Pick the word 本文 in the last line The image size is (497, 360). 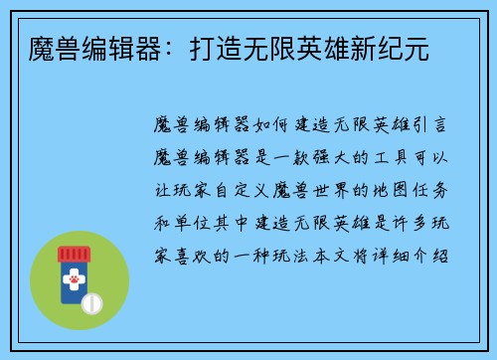(347, 254)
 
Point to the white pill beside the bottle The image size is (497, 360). (93, 302)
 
